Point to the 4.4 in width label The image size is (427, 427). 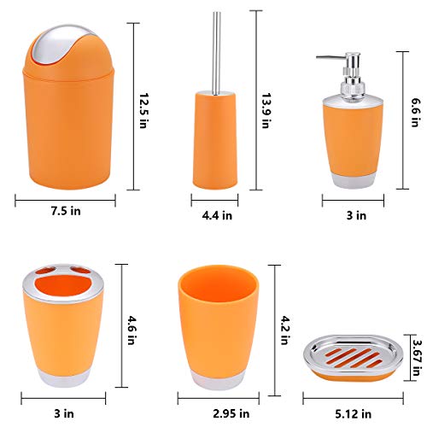217,216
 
